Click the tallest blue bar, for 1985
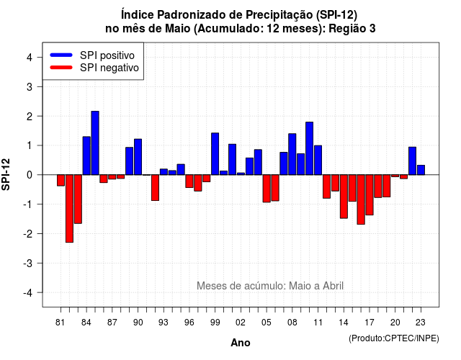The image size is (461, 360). tap(95, 143)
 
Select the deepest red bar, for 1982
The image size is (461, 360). tap(69, 209)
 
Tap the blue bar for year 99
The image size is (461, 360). tap(215, 153)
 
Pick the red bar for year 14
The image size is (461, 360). tap(344, 197)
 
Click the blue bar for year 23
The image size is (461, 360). tap(421, 170)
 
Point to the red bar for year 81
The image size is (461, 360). tap(61, 181)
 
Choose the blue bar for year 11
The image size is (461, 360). tap(318, 160)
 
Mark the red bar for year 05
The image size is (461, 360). tap(267, 189)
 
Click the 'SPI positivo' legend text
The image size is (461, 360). tap(107, 55)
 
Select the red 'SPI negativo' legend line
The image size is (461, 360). tap(61, 67)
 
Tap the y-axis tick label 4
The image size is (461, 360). tap(29, 58)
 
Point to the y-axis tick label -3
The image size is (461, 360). tap(27, 263)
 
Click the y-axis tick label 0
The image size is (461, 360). tap(29, 175)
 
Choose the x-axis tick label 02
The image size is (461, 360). tap(241, 323)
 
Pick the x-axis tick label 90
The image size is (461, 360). tap(138, 323)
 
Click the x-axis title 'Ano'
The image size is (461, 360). tap(241, 343)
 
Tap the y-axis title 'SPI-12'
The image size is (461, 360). tap(6, 174)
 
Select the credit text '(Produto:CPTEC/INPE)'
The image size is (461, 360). tap(394, 338)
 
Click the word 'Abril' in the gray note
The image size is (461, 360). tap(333, 286)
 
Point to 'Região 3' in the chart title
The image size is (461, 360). tap(352, 29)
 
